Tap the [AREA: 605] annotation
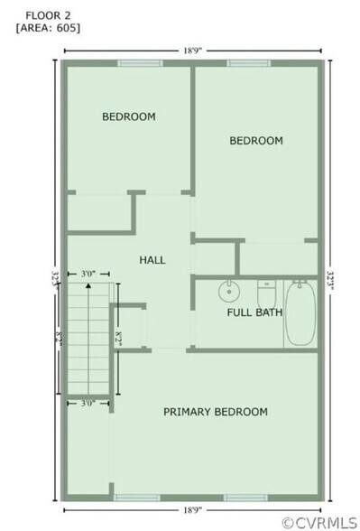(x=48, y=27)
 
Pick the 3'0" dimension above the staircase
(x=88, y=273)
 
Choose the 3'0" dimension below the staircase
(x=88, y=404)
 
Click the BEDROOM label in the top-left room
(x=128, y=116)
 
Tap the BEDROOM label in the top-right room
(x=256, y=141)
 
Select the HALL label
(x=152, y=260)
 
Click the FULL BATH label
(x=254, y=313)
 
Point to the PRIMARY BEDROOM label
(x=215, y=412)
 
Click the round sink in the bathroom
(x=228, y=292)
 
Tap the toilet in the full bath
(x=266, y=293)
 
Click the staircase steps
(x=88, y=339)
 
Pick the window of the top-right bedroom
(x=243, y=63)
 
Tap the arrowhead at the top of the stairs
(x=88, y=285)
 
